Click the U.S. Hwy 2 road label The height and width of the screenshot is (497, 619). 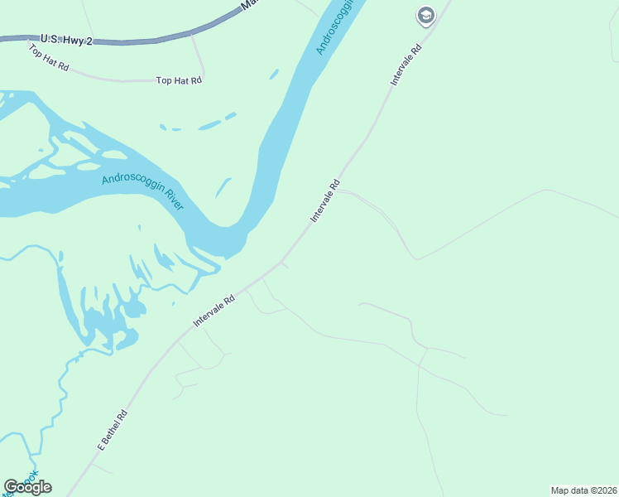pos(65,39)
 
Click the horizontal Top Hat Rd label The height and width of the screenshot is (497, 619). pos(179,80)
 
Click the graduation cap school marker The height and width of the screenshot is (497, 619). pos(425,15)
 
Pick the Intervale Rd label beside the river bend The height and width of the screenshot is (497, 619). pos(325,200)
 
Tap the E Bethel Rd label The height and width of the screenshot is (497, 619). pos(113,430)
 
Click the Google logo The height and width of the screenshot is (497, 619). pos(27,486)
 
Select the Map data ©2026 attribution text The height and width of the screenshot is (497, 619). pos(583,490)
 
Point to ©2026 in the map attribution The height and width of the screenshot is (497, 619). pos(601,490)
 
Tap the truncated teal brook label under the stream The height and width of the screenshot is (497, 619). pos(30,479)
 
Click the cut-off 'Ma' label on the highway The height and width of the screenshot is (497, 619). pos(247,5)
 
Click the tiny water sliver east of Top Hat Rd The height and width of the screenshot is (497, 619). pos(274,75)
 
